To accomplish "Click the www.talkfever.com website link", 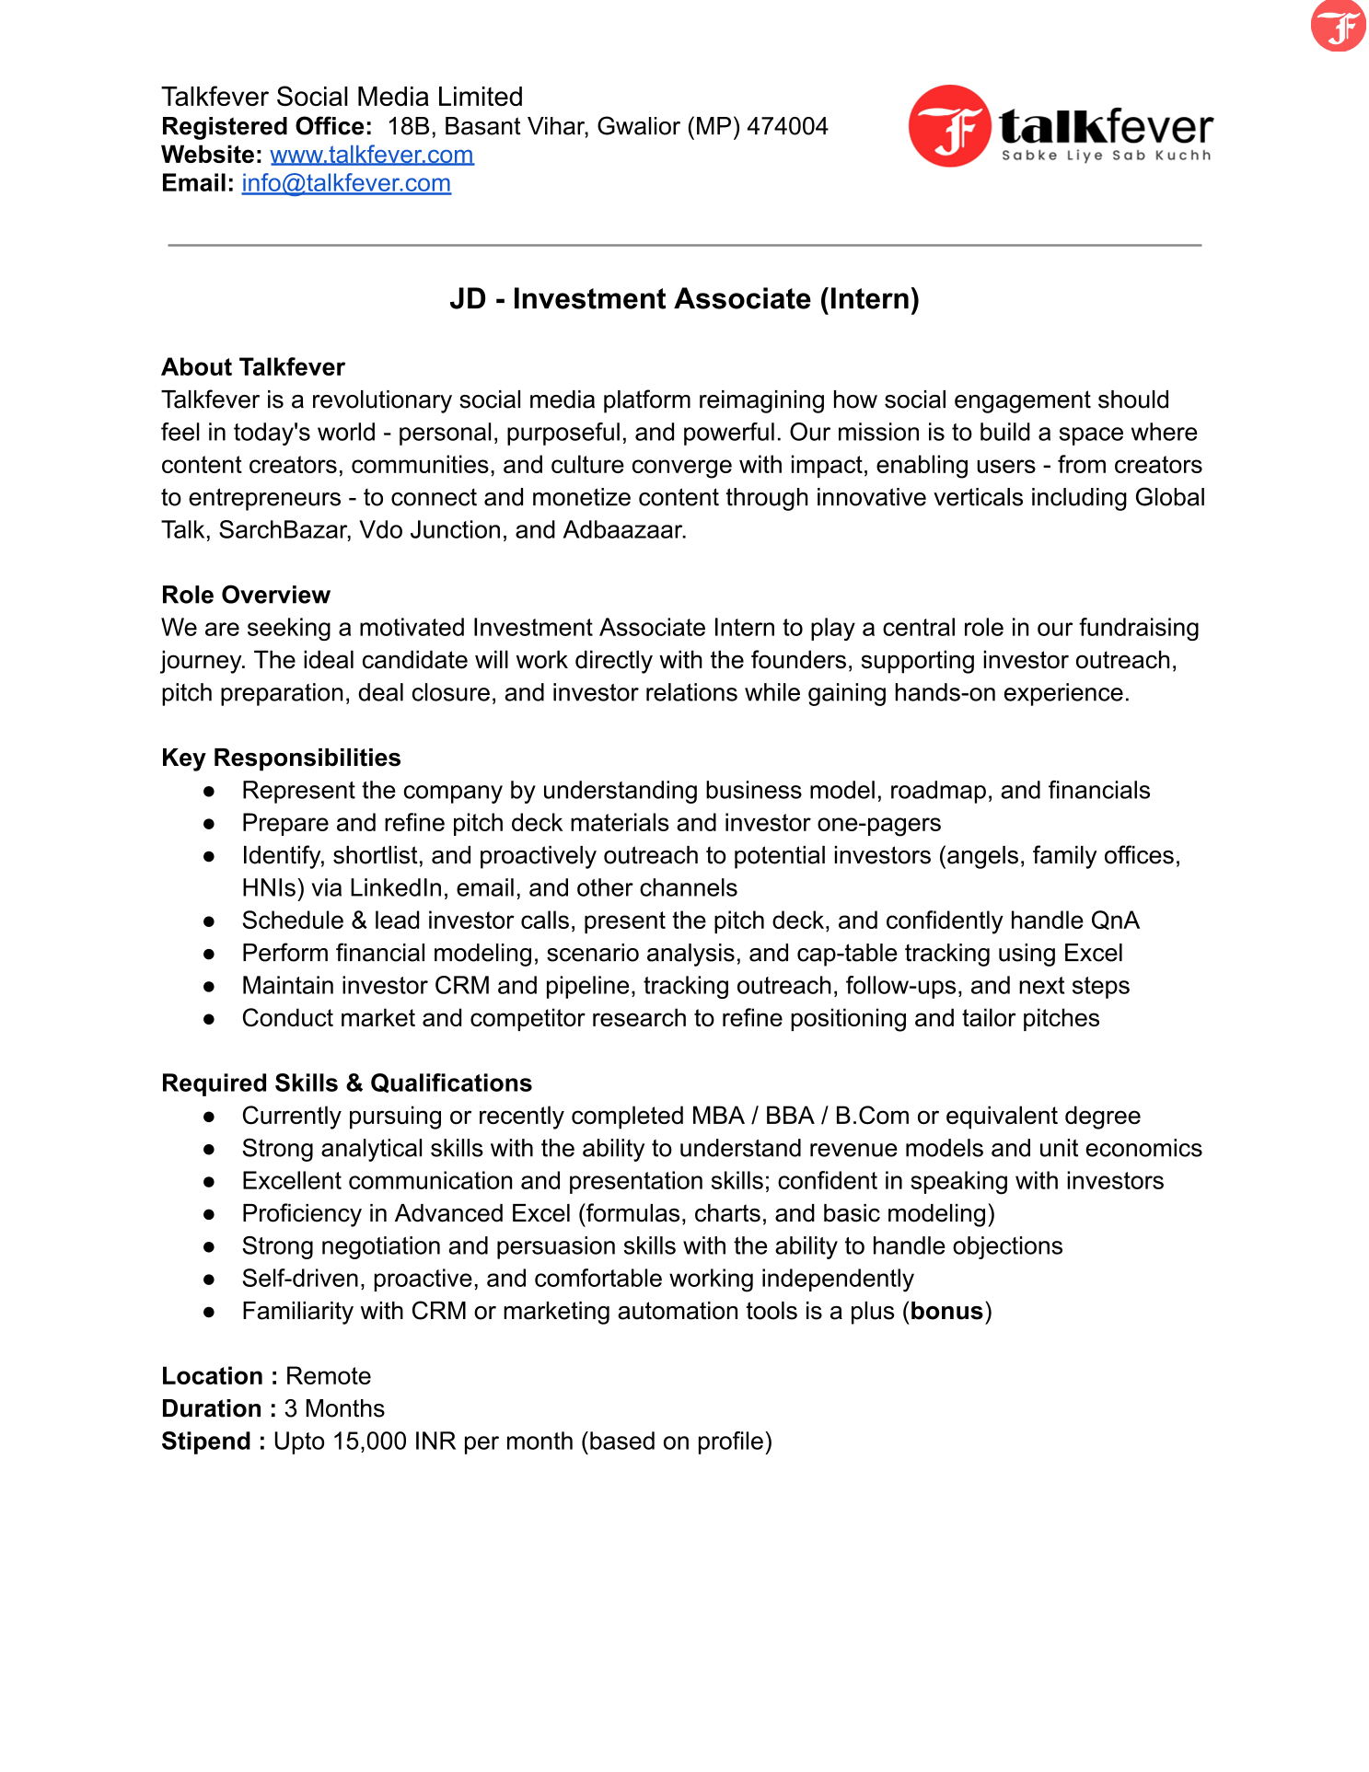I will coord(372,155).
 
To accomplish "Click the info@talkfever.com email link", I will coord(346,183).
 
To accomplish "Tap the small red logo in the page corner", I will coord(1338,26).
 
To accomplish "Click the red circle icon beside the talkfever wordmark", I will coord(949,126).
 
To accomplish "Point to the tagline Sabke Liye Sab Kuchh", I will coord(1106,156).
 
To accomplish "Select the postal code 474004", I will coord(787,126).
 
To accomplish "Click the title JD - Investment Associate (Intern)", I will coord(684,299).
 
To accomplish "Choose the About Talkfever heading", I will coord(253,367).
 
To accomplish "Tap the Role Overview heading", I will coord(246,595).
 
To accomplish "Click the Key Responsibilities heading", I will coord(281,758).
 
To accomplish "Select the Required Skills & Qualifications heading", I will coord(346,1083).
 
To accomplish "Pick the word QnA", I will coord(1114,921).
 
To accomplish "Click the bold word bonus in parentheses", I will coord(946,1311).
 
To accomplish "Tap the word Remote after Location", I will coord(328,1376).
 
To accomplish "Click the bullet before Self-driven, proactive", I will coord(209,1280).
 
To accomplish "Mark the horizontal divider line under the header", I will coord(684,245).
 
